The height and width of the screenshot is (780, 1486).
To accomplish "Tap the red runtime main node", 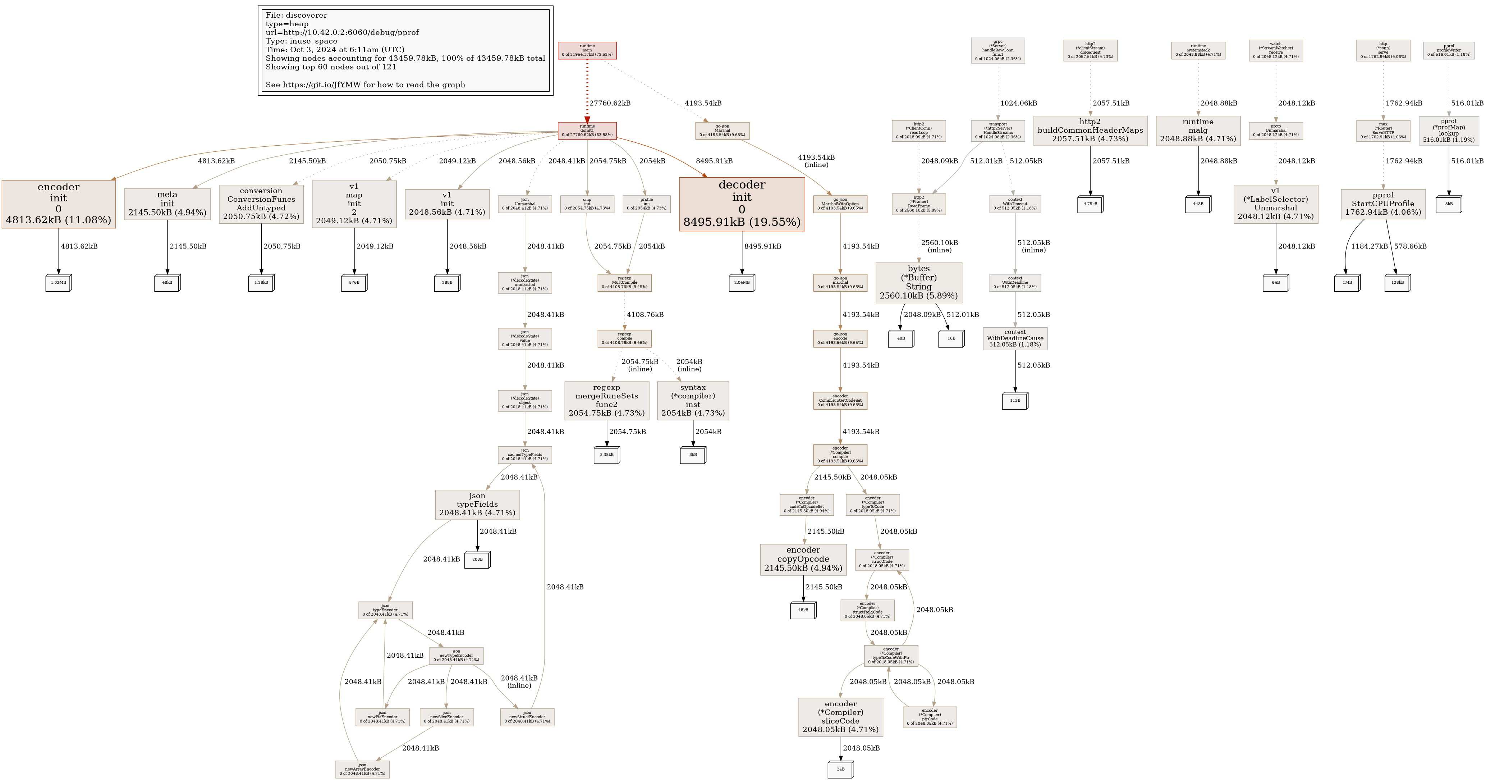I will coord(587,50).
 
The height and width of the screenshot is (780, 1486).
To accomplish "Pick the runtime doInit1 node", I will coord(587,131).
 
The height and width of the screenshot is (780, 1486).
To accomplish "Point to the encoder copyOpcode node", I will coord(803,560).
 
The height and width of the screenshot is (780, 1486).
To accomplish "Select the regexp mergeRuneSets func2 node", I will coord(606,400).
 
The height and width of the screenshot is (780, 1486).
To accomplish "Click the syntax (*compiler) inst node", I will coord(693,400).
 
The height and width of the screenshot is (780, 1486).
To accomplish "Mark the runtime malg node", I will coord(1198,131).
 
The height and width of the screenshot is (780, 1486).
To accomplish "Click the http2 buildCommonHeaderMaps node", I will coord(1090,131).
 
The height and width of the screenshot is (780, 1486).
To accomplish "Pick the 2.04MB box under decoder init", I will coord(742,283).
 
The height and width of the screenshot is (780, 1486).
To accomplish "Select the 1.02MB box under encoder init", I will coord(58,283).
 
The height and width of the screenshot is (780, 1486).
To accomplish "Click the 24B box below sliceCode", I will coord(840,769).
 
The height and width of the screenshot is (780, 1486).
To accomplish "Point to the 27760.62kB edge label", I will coord(610,103).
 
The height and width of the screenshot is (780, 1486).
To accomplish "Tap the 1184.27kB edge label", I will coord(1369,246).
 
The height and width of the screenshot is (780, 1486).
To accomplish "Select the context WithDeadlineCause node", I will coord(1015,339).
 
